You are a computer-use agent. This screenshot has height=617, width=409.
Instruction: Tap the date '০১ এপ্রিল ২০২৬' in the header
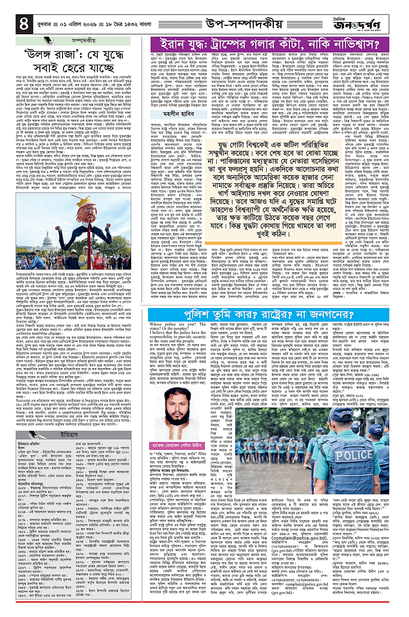pyautogui.click(x=76, y=21)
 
